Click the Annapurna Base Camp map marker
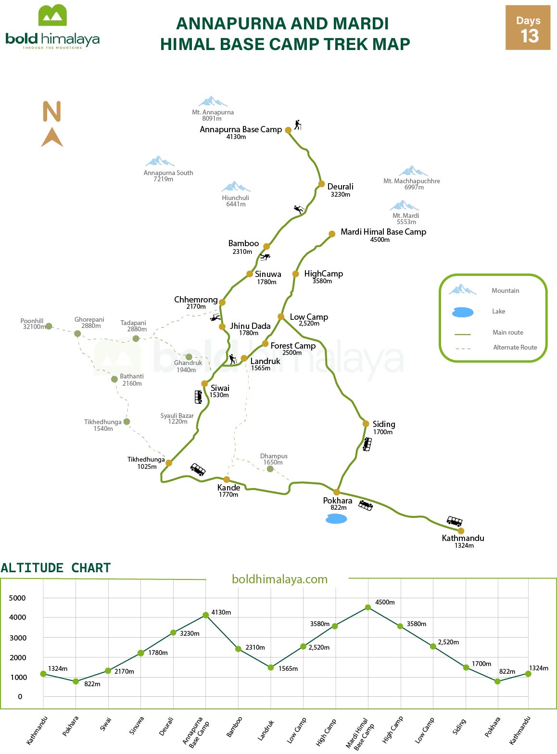point(288,130)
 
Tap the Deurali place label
point(340,187)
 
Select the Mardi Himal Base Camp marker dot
point(332,234)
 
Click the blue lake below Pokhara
point(336,519)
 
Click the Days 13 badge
point(528,28)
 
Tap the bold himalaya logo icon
point(52,15)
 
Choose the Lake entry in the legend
point(498,312)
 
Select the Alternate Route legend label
point(515,348)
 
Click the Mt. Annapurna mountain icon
point(213,101)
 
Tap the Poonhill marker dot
point(49,326)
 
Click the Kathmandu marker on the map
point(461,531)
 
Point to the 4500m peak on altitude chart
point(368,607)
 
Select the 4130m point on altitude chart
point(206,615)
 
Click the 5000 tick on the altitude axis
point(17,598)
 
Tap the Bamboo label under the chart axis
point(234,727)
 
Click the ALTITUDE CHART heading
point(56,568)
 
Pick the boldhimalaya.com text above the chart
point(279,579)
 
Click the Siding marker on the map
point(366,424)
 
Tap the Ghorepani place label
point(89,320)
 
